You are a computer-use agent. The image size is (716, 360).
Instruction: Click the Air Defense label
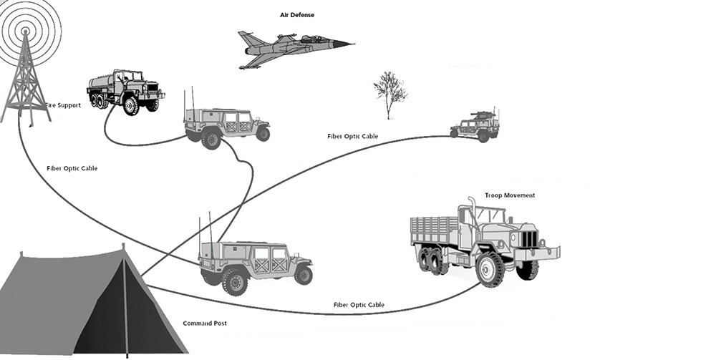pos(296,14)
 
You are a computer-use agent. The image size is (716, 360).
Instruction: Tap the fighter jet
pos(294,49)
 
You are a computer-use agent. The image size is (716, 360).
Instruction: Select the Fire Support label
pos(63,105)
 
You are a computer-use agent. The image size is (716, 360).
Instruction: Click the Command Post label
pos(205,323)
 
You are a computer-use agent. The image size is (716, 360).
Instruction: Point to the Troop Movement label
pos(510,195)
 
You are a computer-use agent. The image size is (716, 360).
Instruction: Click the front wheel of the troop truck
pos(490,268)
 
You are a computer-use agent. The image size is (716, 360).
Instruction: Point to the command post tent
pos(86,301)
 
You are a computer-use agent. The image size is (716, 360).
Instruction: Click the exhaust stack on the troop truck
pos(472,215)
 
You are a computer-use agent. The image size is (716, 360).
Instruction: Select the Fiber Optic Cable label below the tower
pos(72,168)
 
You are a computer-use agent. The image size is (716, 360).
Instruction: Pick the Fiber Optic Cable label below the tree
pos(352,136)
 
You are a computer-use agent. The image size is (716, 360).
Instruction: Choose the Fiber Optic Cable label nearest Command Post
pos(359,305)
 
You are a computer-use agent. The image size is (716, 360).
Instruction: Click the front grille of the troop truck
pos(528,238)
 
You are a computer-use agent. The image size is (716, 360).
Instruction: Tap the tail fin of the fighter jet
pos(245,39)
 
